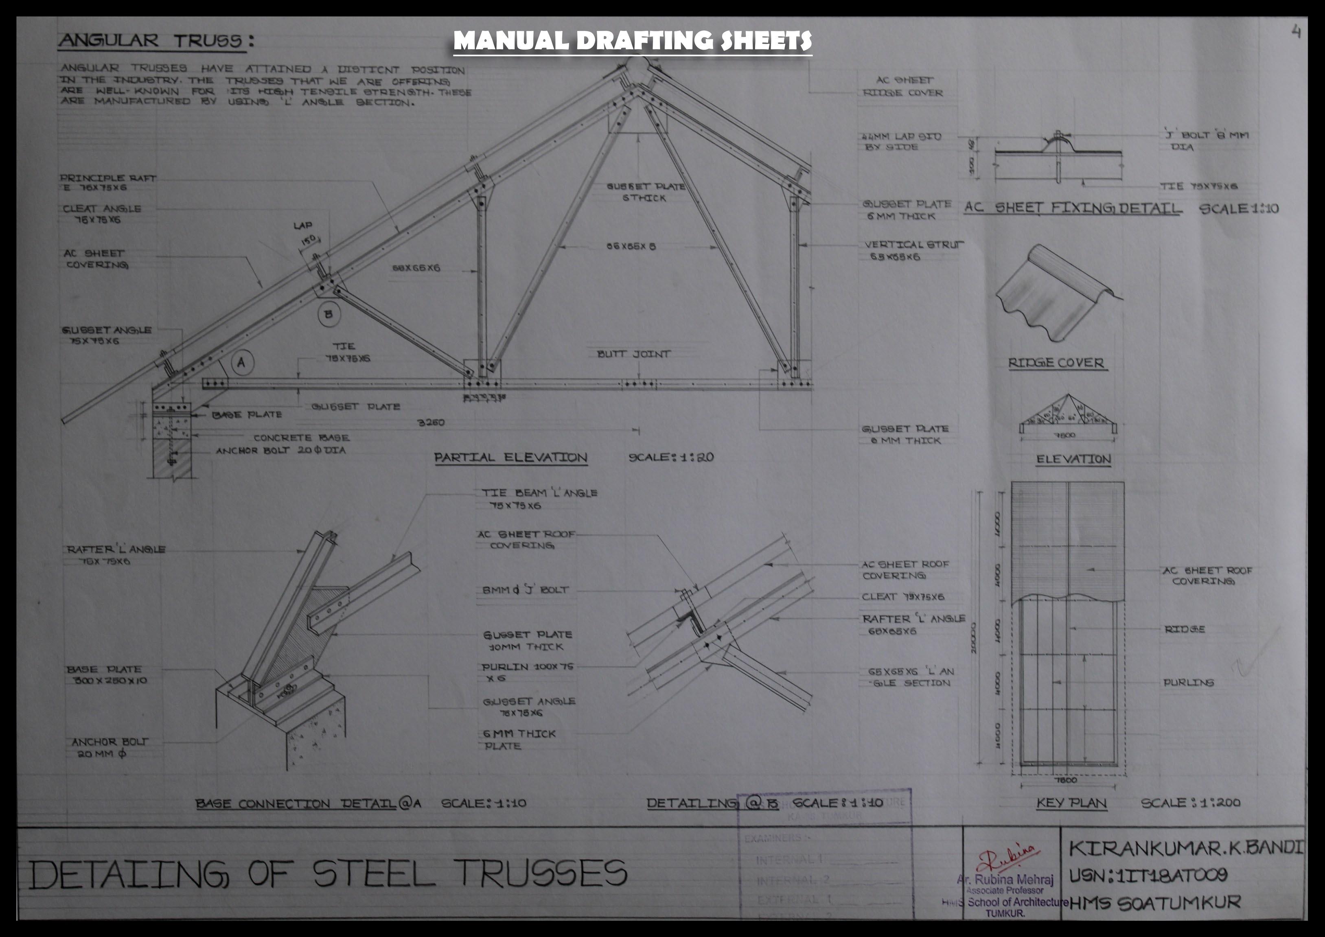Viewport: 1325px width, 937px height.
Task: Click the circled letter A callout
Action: pyautogui.click(x=242, y=362)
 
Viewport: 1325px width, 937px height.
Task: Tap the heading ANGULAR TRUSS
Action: pyautogui.click(x=157, y=40)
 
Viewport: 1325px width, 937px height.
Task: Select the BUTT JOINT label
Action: pyautogui.click(x=634, y=354)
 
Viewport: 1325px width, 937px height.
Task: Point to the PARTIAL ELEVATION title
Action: pyautogui.click(x=511, y=458)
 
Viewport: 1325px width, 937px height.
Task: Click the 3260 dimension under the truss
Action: pyautogui.click(x=431, y=423)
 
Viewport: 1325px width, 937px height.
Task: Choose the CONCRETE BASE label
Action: pyautogui.click(x=301, y=438)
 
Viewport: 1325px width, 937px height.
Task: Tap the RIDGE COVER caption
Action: pyautogui.click(x=1056, y=363)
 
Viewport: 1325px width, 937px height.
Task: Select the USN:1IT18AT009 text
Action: pyautogui.click(x=1148, y=876)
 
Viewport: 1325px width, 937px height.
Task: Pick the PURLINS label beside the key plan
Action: pyautogui.click(x=1188, y=683)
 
